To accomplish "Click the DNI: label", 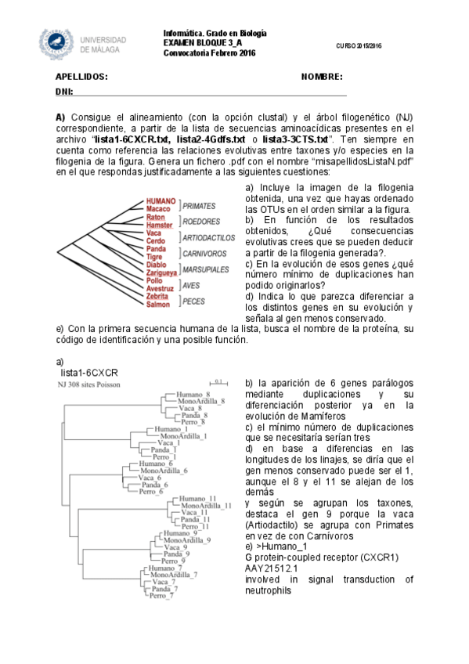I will click(63, 92).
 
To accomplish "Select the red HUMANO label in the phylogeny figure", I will click(161, 201).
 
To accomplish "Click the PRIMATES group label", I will click(199, 205).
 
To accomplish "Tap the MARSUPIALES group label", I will click(206, 269).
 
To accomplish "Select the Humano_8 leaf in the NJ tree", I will click(193, 393).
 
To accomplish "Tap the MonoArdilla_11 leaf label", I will click(206, 506).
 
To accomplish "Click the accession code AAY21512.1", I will click(270, 568).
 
